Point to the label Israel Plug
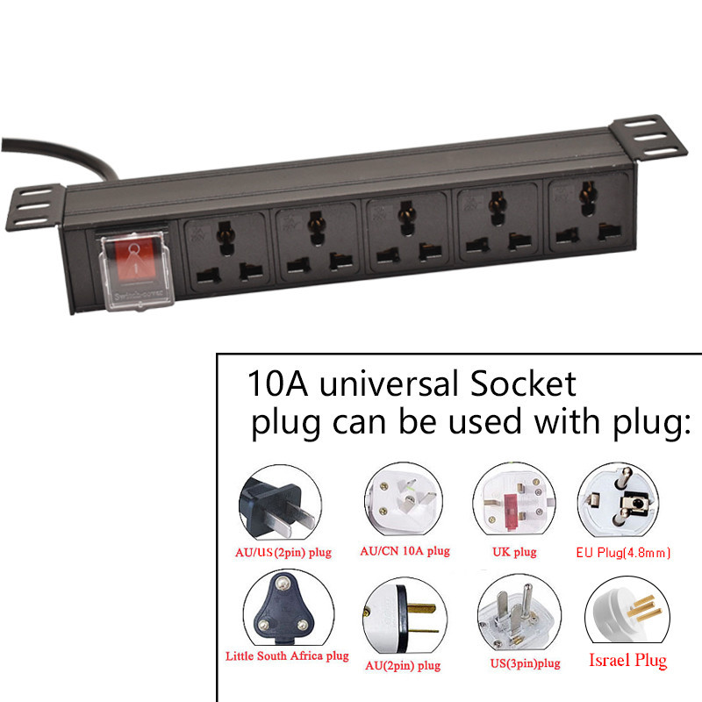click(x=627, y=660)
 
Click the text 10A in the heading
click(x=275, y=384)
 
